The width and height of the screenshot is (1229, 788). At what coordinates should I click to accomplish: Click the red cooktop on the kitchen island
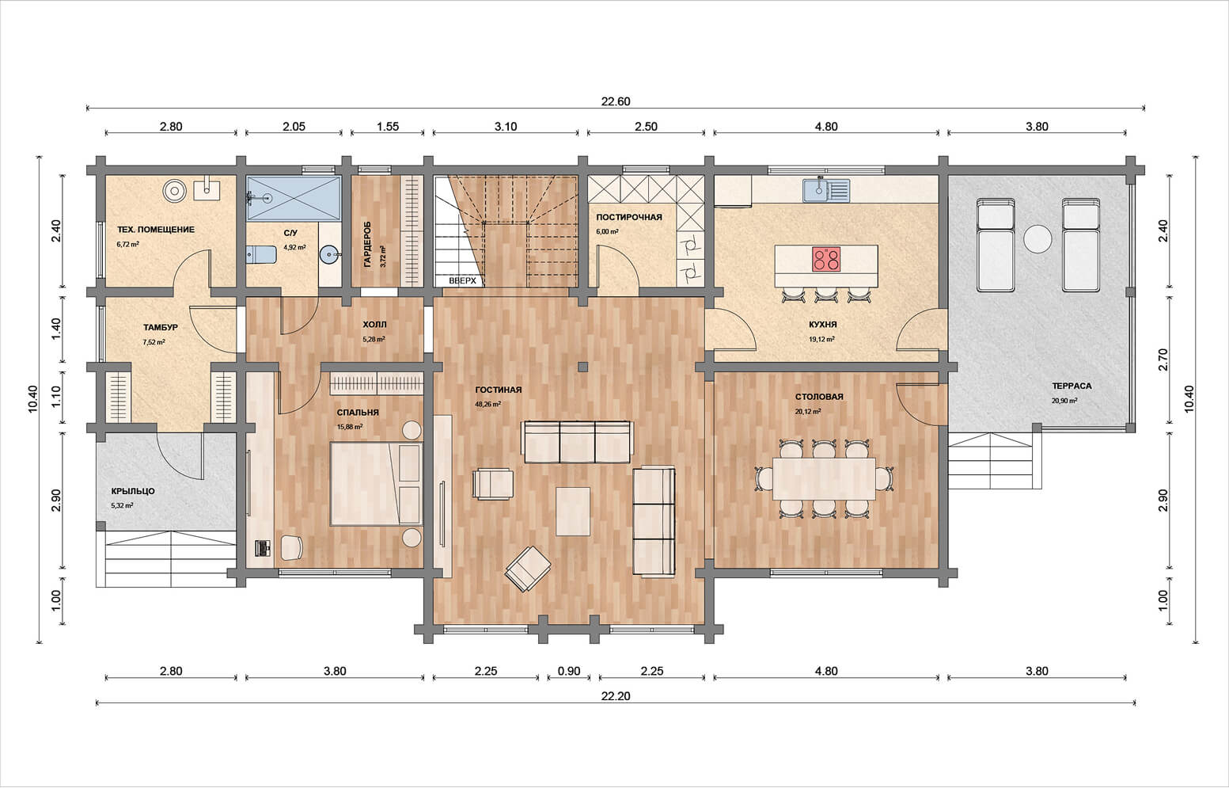[826, 259]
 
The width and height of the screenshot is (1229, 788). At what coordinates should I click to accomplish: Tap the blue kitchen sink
[826, 190]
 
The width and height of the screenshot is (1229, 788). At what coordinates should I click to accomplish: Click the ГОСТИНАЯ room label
[499, 390]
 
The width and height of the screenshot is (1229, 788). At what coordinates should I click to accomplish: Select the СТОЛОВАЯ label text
[819, 397]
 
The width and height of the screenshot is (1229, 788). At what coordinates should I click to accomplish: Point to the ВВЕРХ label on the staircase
[462, 280]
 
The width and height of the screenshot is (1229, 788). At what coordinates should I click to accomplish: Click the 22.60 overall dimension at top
[616, 101]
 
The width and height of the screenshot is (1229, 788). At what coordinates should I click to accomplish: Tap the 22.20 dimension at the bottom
[616, 696]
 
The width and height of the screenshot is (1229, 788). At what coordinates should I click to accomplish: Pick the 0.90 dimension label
[569, 671]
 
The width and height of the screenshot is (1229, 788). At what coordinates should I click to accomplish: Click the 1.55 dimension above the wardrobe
[388, 127]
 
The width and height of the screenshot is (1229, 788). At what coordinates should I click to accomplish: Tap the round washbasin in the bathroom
[330, 254]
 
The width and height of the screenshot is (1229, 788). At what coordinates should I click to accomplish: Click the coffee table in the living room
[573, 512]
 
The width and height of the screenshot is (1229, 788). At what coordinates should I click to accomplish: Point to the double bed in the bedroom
[376, 484]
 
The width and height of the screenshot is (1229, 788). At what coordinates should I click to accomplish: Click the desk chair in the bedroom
[292, 547]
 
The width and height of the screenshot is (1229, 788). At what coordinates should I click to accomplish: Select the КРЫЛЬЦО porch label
[133, 492]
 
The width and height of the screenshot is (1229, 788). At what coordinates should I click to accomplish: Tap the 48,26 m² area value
[487, 404]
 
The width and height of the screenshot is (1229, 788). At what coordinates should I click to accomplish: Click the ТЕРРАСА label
[1072, 386]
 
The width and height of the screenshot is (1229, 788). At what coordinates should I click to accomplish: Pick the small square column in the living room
[582, 367]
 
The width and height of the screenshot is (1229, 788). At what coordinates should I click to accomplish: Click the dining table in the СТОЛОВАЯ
[824, 479]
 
